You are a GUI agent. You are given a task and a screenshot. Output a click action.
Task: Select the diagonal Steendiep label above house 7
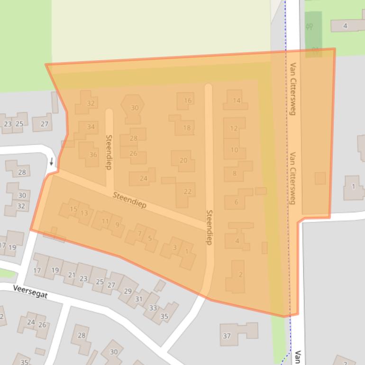click(x=129, y=200)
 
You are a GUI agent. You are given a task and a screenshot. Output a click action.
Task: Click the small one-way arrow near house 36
click(x=51, y=162)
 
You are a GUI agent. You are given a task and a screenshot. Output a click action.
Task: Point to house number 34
click(x=91, y=127)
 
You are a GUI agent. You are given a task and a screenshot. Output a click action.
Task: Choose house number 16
click(x=188, y=100)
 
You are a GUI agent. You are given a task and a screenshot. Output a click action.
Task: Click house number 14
click(x=237, y=100)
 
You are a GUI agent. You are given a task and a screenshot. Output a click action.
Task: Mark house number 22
click(x=188, y=192)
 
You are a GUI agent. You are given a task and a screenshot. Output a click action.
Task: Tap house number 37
click(x=227, y=336)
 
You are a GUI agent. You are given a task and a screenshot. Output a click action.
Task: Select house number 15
click(x=73, y=209)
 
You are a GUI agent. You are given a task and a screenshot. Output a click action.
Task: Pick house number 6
click(x=236, y=202)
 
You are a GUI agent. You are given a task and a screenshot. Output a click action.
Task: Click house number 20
click(x=183, y=160)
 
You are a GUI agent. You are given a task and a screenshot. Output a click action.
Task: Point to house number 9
click(x=117, y=225)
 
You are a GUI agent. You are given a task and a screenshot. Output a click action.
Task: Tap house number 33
click(x=153, y=308)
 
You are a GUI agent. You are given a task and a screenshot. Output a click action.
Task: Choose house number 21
click(x=72, y=274)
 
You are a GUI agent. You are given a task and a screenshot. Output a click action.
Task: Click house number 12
click(x=233, y=128)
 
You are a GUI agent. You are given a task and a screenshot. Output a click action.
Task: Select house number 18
click(x=187, y=128)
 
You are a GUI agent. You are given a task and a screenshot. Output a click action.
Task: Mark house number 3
click(x=174, y=247)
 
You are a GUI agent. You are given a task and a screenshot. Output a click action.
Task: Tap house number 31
click(x=138, y=299)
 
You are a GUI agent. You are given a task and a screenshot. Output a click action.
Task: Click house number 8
click(x=234, y=173)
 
